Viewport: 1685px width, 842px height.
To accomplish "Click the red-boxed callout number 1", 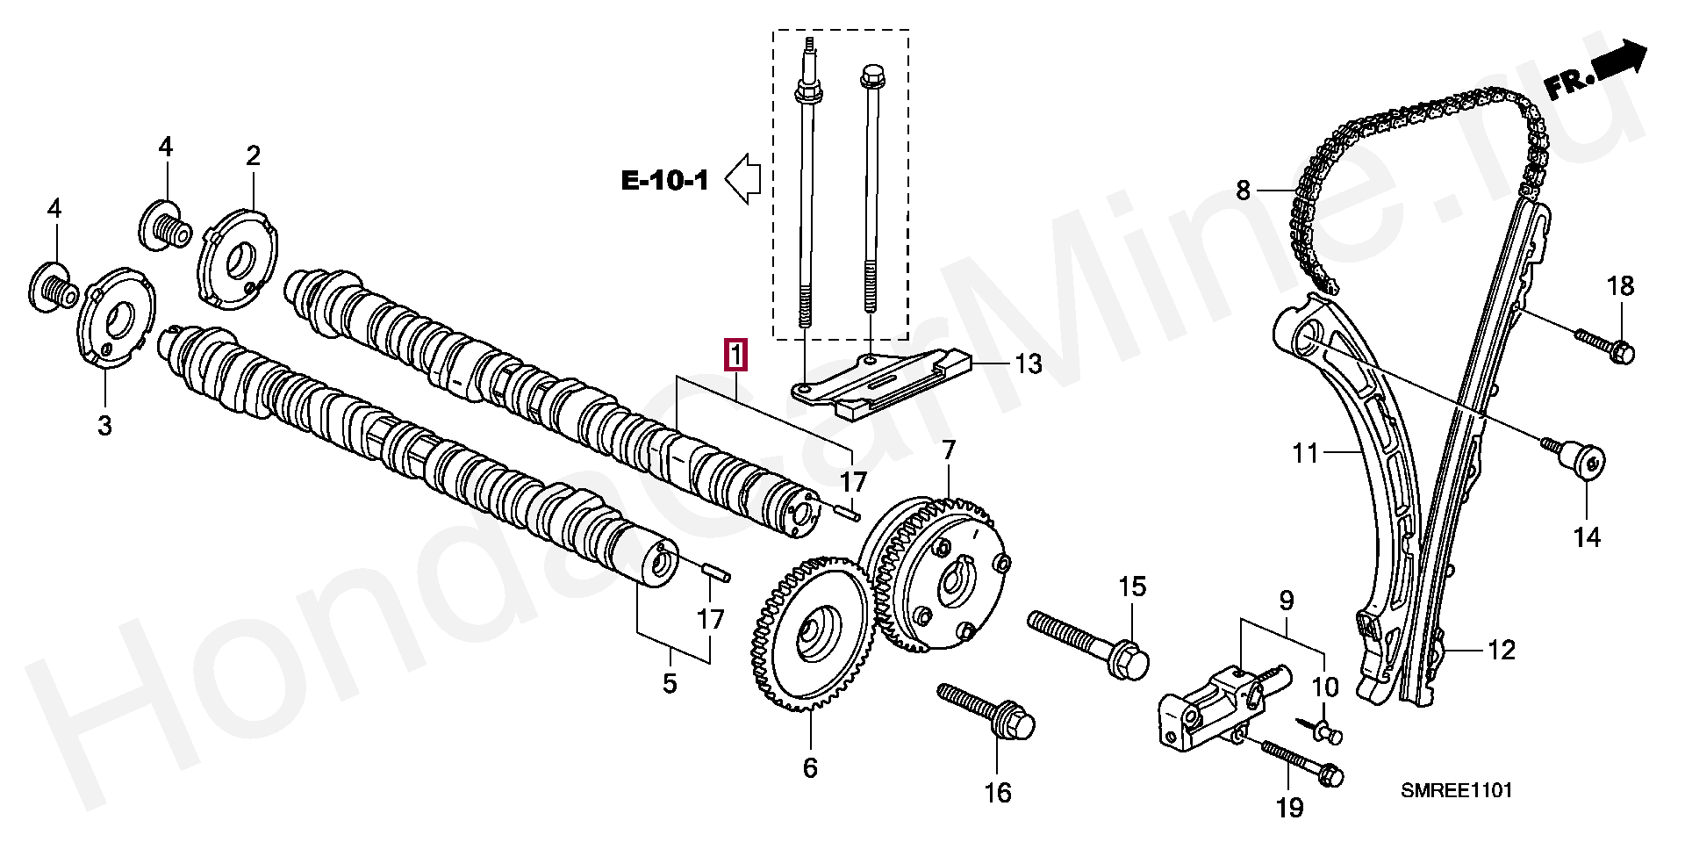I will pos(735,356).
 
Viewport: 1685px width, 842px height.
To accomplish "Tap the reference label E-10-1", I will pos(664,180).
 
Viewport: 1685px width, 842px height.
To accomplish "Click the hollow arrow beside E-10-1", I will pos(742,178).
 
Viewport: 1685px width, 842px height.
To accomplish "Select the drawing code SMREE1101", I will pos(1456,790).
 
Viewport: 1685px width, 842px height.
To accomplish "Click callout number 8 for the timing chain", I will pos(1243,189).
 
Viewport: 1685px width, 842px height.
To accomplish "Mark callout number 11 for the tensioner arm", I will pos(1305,453).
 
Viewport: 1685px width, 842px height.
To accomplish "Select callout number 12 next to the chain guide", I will pos(1502,651).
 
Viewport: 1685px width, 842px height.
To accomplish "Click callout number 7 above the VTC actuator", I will pos(949,450).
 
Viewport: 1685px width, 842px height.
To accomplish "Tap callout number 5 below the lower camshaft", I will pos(670,683).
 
